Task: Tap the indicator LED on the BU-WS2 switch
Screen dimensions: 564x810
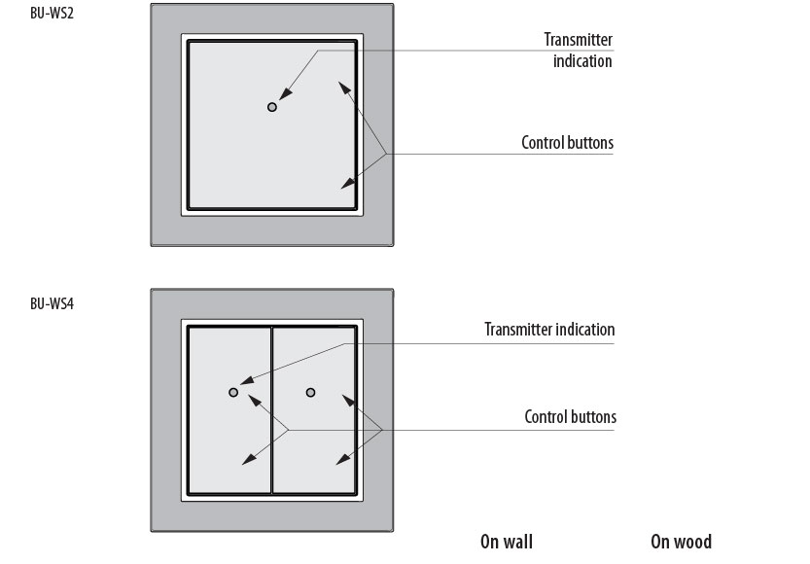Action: tap(272, 106)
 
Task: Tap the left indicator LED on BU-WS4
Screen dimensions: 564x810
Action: tap(233, 392)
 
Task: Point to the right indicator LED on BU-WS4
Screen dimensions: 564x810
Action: tap(310, 392)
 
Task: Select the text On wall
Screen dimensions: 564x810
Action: tap(507, 542)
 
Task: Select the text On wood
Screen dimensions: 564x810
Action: tap(681, 542)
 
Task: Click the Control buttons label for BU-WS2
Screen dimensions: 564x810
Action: tap(568, 143)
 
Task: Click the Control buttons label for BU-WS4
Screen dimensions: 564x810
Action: tap(571, 417)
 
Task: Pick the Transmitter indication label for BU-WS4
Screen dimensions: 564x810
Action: tap(549, 330)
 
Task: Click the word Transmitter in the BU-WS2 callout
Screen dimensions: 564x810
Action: tap(579, 40)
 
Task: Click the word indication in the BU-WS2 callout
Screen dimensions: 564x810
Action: tap(583, 61)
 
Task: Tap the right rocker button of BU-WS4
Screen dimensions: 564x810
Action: tap(314, 457)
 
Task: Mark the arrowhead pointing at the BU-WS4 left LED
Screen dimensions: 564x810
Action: tap(244, 384)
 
